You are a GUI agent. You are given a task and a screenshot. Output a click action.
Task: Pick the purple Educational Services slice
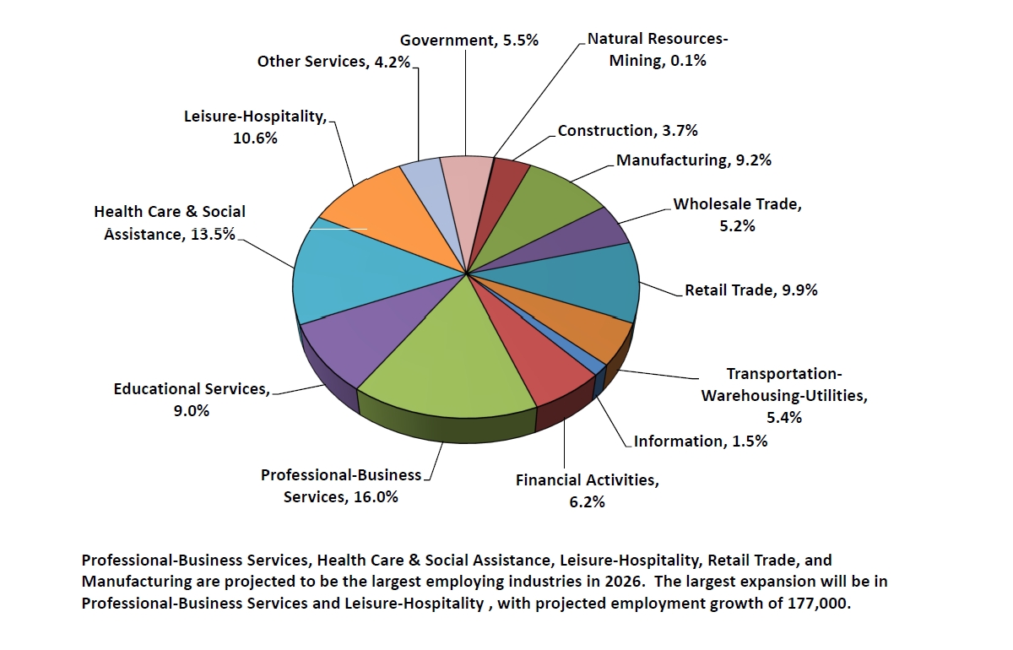point(363,338)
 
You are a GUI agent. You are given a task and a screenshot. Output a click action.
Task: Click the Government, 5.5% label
point(469,40)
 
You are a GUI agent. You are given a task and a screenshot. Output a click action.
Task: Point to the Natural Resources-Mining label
point(658,49)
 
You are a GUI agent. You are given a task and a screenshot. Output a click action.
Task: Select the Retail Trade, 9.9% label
point(750,290)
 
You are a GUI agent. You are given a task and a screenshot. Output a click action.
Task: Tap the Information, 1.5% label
point(700,441)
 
